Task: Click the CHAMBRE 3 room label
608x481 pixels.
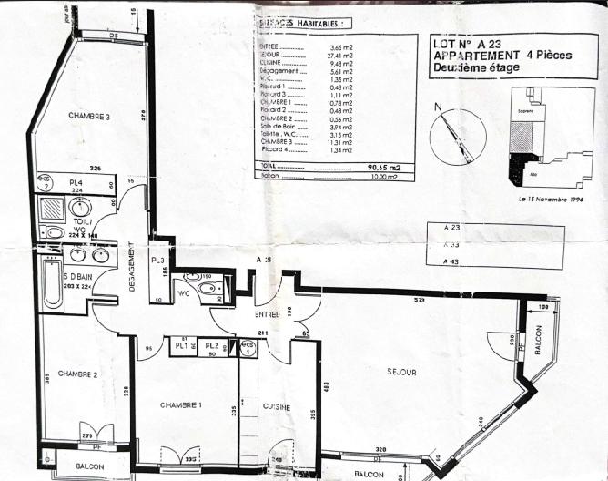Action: coord(88,116)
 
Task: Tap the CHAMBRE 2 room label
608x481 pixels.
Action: coord(77,374)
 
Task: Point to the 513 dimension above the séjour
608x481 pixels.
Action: coord(419,300)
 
